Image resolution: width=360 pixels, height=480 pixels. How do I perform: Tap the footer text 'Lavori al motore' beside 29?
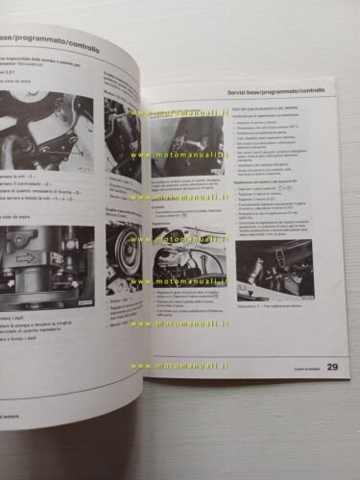click(297, 367)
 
